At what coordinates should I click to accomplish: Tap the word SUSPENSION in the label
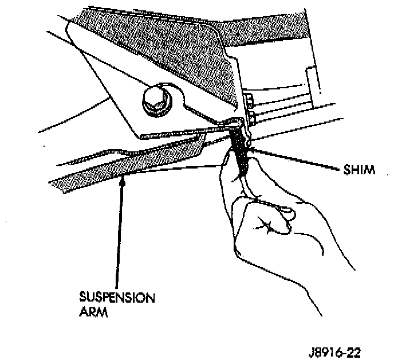(x=117, y=298)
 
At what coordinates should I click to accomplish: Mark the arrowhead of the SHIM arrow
(x=253, y=151)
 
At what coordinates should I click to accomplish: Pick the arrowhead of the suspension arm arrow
(x=122, y=182)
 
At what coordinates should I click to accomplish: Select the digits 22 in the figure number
(x=354, y=350)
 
